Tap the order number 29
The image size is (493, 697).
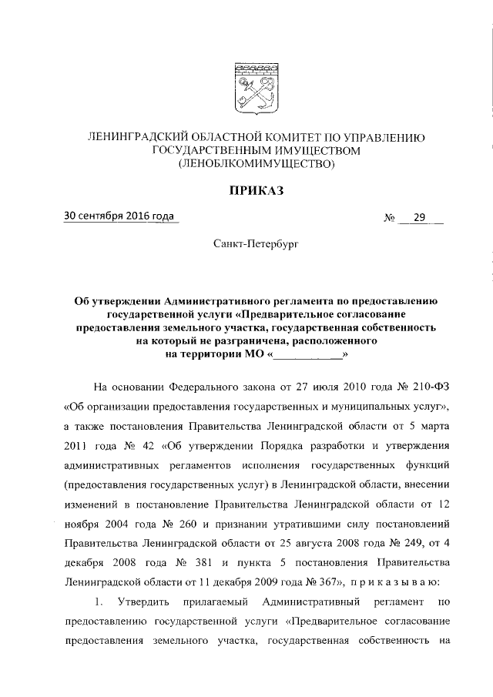coord(419,218)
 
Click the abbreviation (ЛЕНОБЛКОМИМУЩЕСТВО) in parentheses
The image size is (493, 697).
coord(255,163)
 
